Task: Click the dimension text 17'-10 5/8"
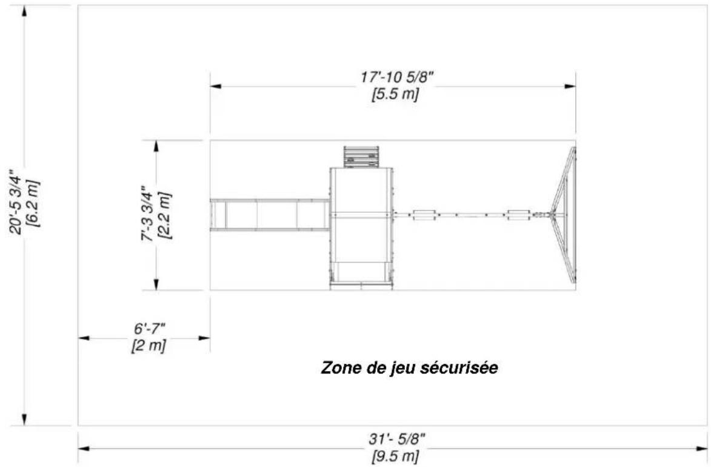click(397, 77)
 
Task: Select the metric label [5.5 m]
click(395, 95)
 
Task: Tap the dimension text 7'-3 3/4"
click(148, 213)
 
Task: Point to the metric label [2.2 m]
click(165, 215)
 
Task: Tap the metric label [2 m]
click(149, 345)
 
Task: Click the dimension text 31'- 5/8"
click(397, 439)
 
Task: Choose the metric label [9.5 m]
click(395, 456)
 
